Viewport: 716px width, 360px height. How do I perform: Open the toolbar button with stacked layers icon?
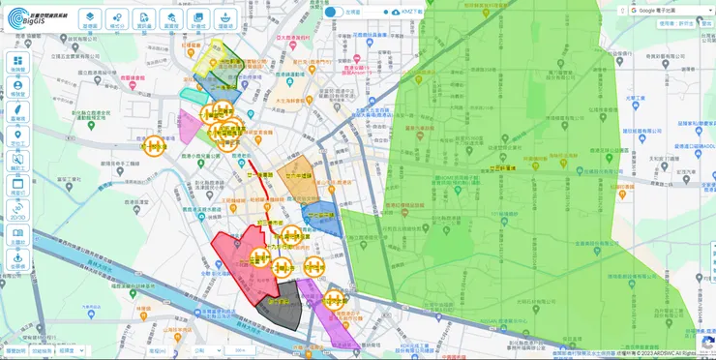click(x=90, y=19)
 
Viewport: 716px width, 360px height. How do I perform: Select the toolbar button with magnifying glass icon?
click(x=171, y=19)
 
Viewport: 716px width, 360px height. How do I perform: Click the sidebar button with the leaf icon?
click(x=17, y=112)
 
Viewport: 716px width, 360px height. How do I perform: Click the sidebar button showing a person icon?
click(x=17, y=88)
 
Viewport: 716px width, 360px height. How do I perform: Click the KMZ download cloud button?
click(x=396, y=12)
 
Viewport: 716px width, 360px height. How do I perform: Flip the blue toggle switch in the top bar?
click(x=331, y=12)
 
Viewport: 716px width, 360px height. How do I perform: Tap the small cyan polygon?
click(x=191, y=94)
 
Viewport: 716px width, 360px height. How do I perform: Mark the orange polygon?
click(x=296, y=174)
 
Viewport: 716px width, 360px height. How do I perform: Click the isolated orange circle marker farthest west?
click(x=153, y=146)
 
